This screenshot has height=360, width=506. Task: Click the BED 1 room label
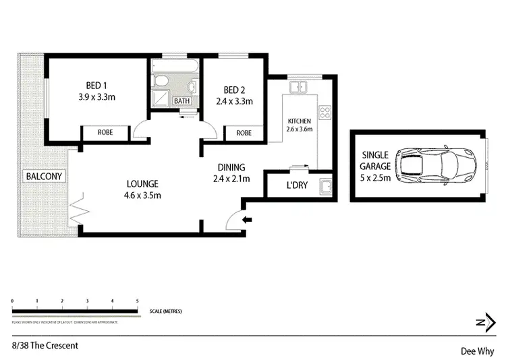[96, 85]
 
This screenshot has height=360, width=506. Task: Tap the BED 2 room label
[234, 90]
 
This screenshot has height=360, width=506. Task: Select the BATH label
[182, 101]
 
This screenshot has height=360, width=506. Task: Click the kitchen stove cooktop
[325, 112]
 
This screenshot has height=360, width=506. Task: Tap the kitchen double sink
[298, 87]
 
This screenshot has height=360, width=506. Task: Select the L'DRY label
[297, 185]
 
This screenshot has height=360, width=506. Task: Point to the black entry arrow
[248, 218]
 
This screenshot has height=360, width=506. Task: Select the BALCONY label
[44, 177]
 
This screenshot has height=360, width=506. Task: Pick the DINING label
[231, 167]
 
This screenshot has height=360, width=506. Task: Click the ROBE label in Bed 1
[105, 133]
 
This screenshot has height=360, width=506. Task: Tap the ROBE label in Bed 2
[244, 133]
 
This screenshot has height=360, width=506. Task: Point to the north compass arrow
[481, 324]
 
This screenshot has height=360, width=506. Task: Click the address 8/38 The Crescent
[45, 346]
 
